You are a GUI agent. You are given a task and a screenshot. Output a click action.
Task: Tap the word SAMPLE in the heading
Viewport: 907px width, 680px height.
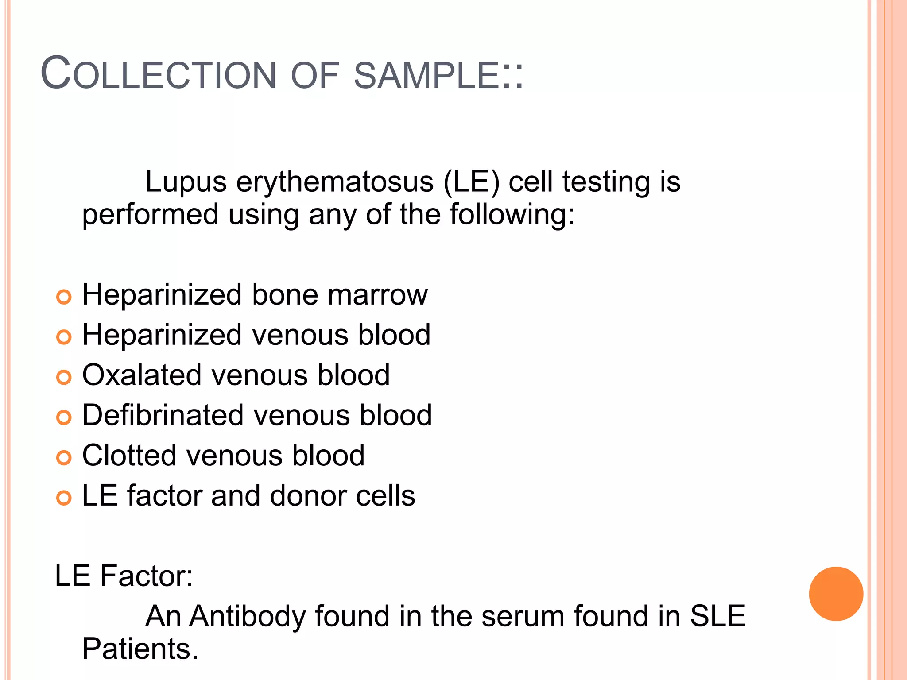(427, 75)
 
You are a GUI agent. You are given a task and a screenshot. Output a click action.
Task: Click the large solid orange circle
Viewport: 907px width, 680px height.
(836, 594)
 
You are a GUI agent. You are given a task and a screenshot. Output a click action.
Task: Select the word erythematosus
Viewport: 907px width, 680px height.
(335, 182)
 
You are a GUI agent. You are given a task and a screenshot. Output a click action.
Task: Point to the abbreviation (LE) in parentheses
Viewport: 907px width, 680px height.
(471, 182)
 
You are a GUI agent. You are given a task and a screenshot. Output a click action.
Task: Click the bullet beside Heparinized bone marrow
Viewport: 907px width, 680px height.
(64, 297)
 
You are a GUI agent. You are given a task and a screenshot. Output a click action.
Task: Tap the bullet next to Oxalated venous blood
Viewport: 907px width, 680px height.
(64, 377)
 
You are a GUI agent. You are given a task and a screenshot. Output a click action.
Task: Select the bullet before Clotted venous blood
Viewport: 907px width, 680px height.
(64, 458)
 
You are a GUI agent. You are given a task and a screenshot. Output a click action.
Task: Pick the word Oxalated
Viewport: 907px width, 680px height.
(142, 375)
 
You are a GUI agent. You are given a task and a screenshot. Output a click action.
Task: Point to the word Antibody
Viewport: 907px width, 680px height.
(248, 616)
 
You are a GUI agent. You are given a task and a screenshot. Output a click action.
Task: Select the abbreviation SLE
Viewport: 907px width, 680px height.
(717, 616)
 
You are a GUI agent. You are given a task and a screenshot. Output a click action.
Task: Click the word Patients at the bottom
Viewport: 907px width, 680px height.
(140, 649)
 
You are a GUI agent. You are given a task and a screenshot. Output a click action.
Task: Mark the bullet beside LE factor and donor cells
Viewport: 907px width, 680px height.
(64, 498)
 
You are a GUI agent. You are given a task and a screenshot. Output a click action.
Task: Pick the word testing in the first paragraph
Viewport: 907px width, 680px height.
(606, 182)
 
